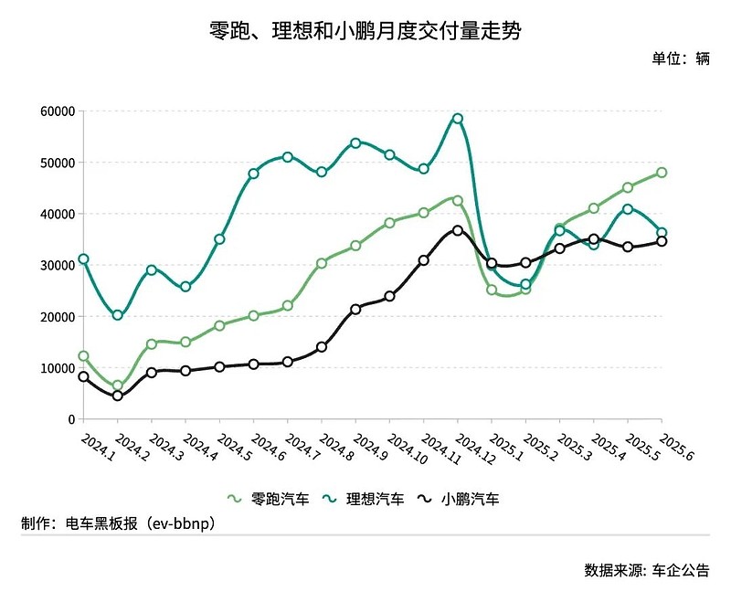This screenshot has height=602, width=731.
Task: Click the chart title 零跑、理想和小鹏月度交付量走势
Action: click(365, 31)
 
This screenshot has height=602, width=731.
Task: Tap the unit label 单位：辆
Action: click(681, 58)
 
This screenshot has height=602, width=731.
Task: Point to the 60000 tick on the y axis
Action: click(58, 111)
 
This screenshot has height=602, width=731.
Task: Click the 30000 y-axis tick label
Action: click(58, 265)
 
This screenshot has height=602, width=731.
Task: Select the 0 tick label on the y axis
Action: click(71, 419)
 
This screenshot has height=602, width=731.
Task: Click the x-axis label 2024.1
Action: click(98, 448)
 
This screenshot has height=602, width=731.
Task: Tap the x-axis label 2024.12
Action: click(474, 449)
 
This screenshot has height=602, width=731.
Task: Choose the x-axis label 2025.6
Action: click(676, 448)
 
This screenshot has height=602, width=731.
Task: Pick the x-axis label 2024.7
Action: click(302, 448)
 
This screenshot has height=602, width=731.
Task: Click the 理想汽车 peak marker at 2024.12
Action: click(458, 119)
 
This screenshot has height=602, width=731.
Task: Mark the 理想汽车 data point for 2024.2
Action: click(118, 315)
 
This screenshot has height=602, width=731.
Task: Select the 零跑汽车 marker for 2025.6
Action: click(662, 173)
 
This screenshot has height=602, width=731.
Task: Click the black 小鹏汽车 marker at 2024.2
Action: click(118, 396)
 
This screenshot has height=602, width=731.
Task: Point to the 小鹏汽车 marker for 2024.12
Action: click(458, 230)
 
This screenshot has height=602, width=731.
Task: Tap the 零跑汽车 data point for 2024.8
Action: click(322, 263)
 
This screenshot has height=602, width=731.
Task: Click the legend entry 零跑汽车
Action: click(268, 499)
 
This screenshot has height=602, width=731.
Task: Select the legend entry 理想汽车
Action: click(363, 499)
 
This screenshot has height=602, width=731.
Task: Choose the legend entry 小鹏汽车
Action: click(459, 499)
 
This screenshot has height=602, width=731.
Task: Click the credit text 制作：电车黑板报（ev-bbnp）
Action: click(119, 523)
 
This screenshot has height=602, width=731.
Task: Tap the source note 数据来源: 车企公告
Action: click(647, 570)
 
